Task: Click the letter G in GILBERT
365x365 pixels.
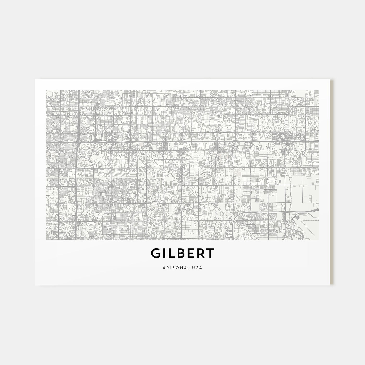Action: (156, 253)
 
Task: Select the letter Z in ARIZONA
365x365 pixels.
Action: (174, 267)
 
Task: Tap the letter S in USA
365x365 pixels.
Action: (198, 267)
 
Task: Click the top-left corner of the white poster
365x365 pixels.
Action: (35, 79)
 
